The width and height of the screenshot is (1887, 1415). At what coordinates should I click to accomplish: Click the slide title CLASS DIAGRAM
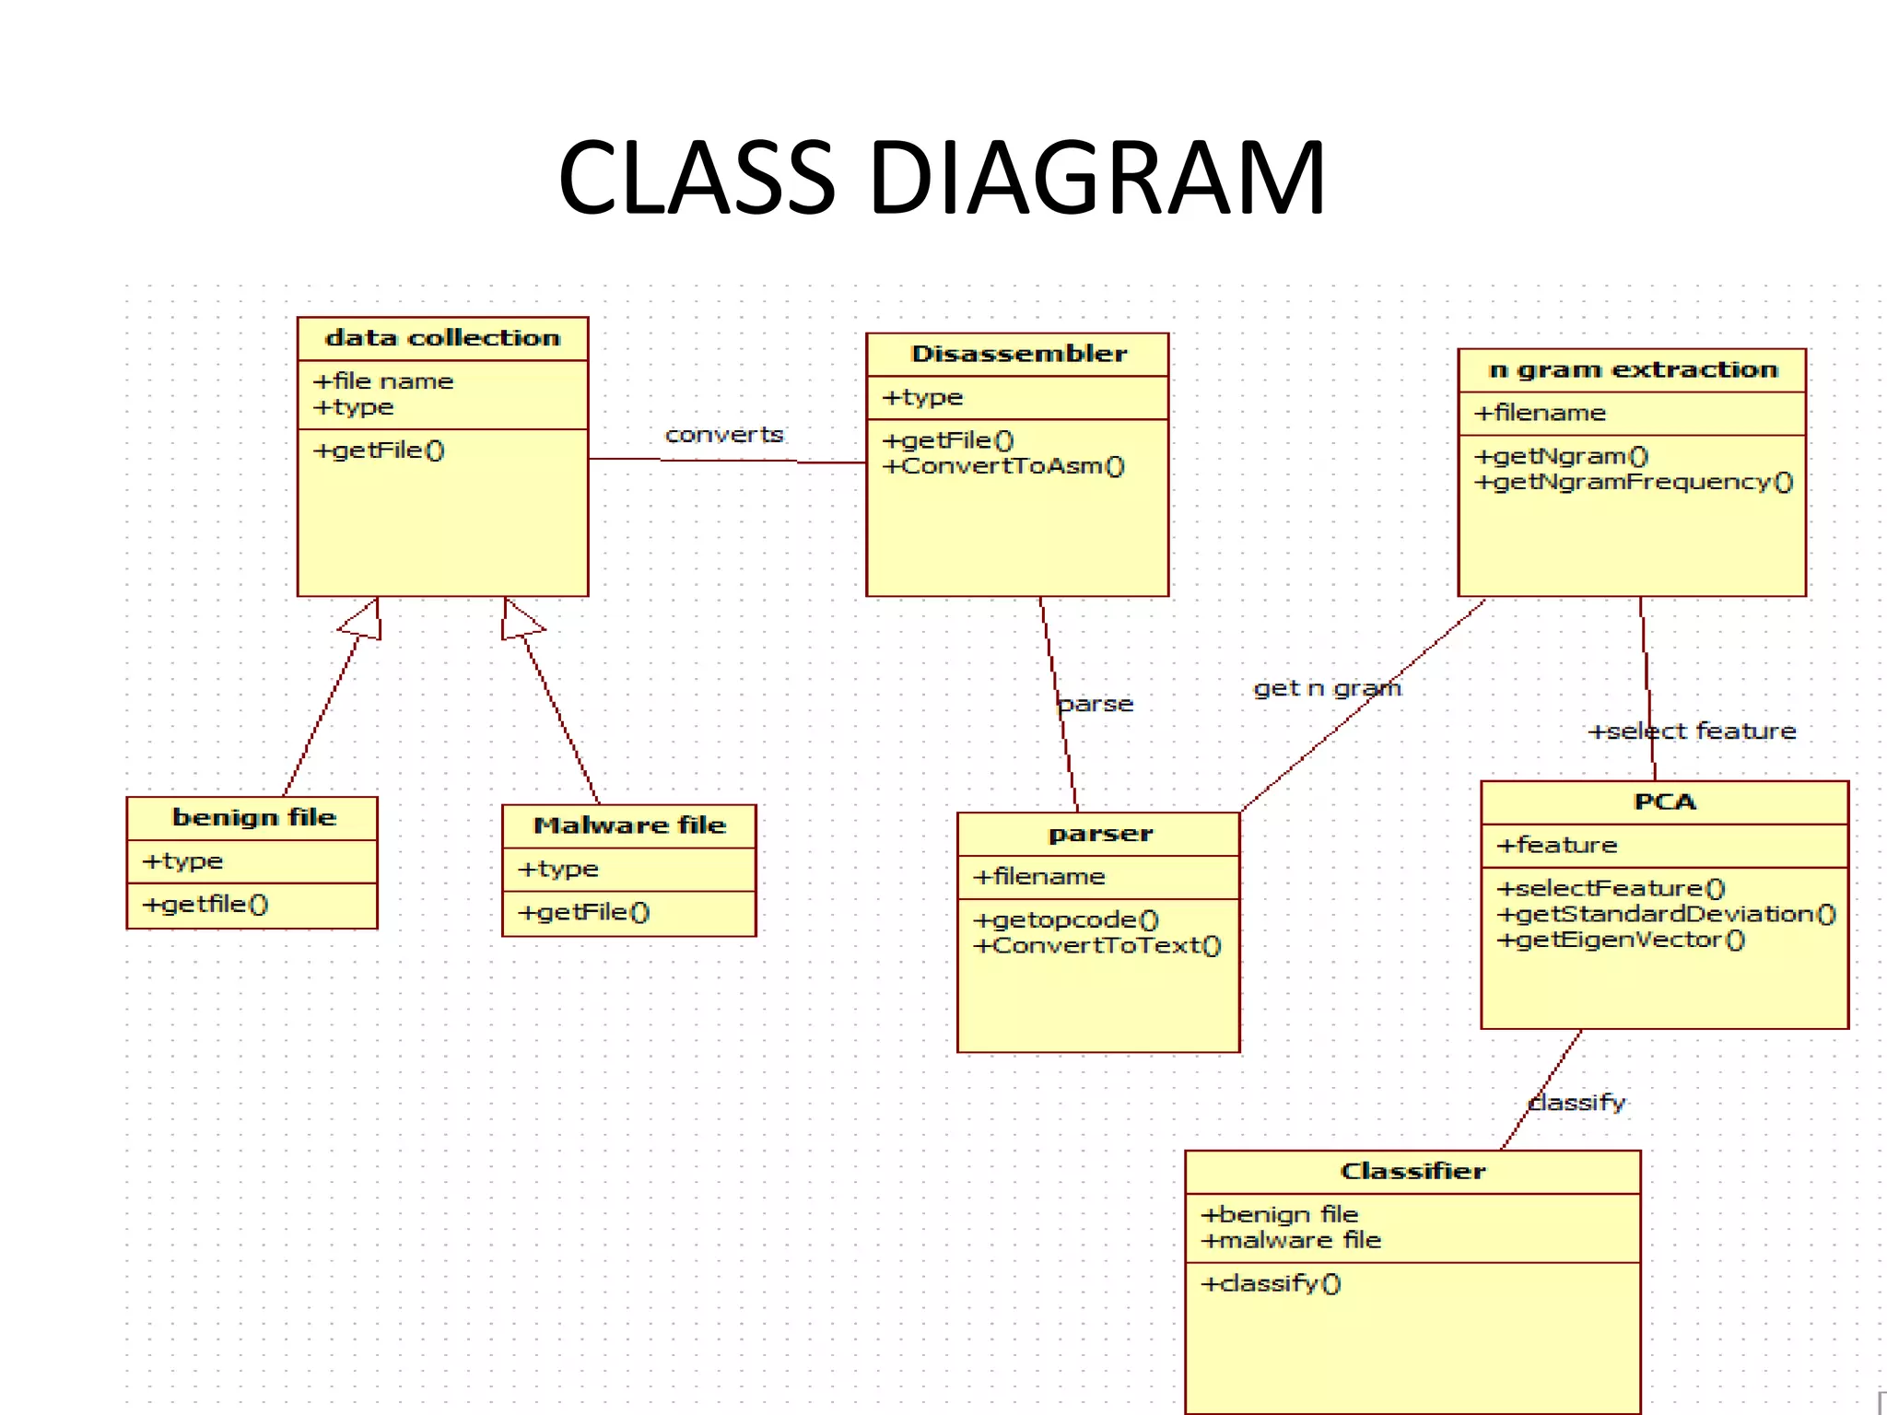pos(942,177)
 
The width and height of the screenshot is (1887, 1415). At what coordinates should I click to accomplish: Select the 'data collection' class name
pos(442,338)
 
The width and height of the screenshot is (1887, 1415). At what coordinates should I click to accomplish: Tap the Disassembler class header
pos(1018,354)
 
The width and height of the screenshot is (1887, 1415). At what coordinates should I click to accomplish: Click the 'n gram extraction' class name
pos(1633,369)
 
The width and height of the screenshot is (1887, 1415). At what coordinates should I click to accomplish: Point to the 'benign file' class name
pos(253,817)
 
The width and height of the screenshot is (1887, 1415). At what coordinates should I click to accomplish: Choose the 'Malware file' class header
pos(629,824)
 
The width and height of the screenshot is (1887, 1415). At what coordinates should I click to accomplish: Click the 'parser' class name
pos(1100,834)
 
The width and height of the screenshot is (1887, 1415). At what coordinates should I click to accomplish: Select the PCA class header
pos(1664,801)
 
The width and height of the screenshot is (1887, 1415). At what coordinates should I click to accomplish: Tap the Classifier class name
pos(1412,1171)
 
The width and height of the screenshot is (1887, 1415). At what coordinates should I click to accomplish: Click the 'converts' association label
pos(724,434)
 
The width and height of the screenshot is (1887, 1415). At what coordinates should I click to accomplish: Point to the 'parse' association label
pos(1096,704)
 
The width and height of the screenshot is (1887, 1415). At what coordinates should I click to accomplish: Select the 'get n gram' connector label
pos(1327,688)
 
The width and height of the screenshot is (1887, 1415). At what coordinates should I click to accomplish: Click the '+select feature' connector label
pos(1692,731)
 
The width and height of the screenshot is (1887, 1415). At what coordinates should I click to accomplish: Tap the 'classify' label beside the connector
pos(1576,1102)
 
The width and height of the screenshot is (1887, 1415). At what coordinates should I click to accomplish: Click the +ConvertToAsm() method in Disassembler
pos(1003,466)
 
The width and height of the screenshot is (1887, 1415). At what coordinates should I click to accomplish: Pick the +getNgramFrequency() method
pos(1634,482)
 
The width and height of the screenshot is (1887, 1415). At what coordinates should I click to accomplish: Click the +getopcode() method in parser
pos(1066,919)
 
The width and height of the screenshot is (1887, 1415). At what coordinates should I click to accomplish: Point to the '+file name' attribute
pos(383,381)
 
